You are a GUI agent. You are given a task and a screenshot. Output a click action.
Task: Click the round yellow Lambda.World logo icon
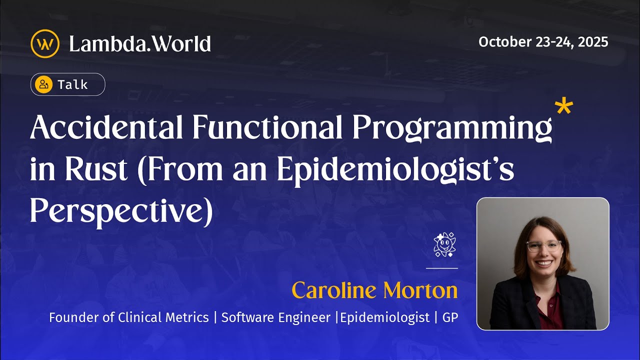(45, 44)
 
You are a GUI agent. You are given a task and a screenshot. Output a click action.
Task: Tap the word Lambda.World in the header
(140, 44)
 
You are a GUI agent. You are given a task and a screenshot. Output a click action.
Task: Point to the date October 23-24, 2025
(543, 42)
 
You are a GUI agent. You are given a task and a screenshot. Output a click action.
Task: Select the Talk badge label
(73, 84)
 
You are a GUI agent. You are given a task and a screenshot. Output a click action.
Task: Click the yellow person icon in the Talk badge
(44, 84)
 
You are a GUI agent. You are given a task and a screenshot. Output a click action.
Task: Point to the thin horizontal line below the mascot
(441, 268)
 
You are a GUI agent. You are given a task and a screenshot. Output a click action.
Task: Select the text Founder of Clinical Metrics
(129, 317)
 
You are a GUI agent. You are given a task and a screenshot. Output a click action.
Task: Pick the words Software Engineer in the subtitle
(276, 317)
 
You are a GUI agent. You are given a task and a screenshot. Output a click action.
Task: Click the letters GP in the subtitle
(450, 317)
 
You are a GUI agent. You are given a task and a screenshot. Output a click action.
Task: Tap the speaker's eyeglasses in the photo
(543, 246)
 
